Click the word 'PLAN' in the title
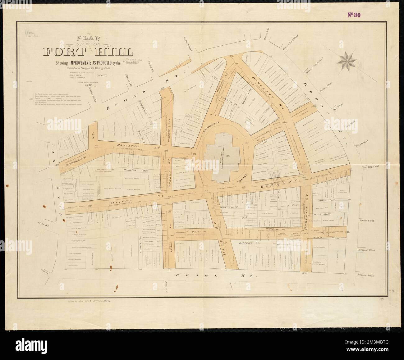[x=88, y=39]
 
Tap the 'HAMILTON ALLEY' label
[x=135, y=171]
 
